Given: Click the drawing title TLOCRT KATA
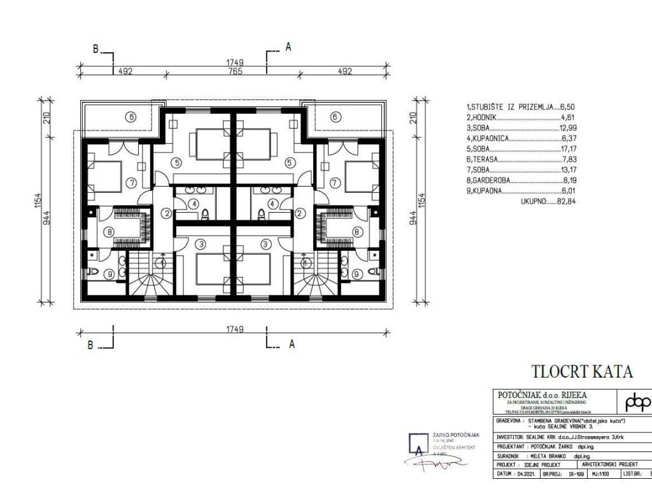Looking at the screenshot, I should (582, 371).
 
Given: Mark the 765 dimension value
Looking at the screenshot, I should (236, 72).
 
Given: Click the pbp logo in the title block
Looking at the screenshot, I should (637, 402).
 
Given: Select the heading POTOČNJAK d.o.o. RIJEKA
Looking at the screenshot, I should (542, 394).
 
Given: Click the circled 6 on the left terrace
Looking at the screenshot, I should (131, 117).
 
